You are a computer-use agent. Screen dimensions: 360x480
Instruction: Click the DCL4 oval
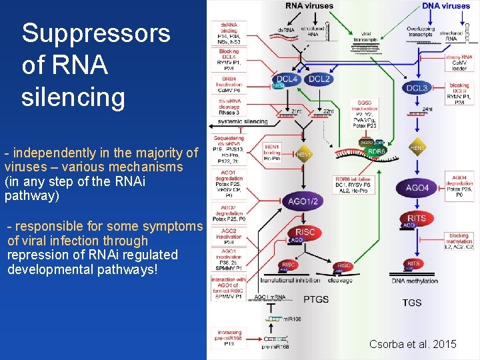point(287,79)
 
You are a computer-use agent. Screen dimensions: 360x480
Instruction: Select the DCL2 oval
point(319,79)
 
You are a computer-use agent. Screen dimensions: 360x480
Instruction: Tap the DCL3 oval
point(417,87)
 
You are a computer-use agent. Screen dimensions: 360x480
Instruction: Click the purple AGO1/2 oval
point(303,201)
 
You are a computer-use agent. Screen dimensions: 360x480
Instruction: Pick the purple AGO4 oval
point(417,189)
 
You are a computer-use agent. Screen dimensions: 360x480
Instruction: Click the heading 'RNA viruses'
point(309,6)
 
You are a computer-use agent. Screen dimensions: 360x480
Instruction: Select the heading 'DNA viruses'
point(446,6)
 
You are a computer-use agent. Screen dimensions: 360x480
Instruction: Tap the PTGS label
point(315,299)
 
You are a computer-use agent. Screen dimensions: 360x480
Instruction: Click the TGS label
point(411,302)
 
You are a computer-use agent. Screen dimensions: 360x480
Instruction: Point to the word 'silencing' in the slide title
point(73,97)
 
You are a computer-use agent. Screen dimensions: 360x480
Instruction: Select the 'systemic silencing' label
point(242,122)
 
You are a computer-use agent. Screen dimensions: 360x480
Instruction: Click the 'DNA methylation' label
point(415,281)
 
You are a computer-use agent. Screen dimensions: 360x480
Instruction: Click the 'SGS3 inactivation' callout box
point(367,113)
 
